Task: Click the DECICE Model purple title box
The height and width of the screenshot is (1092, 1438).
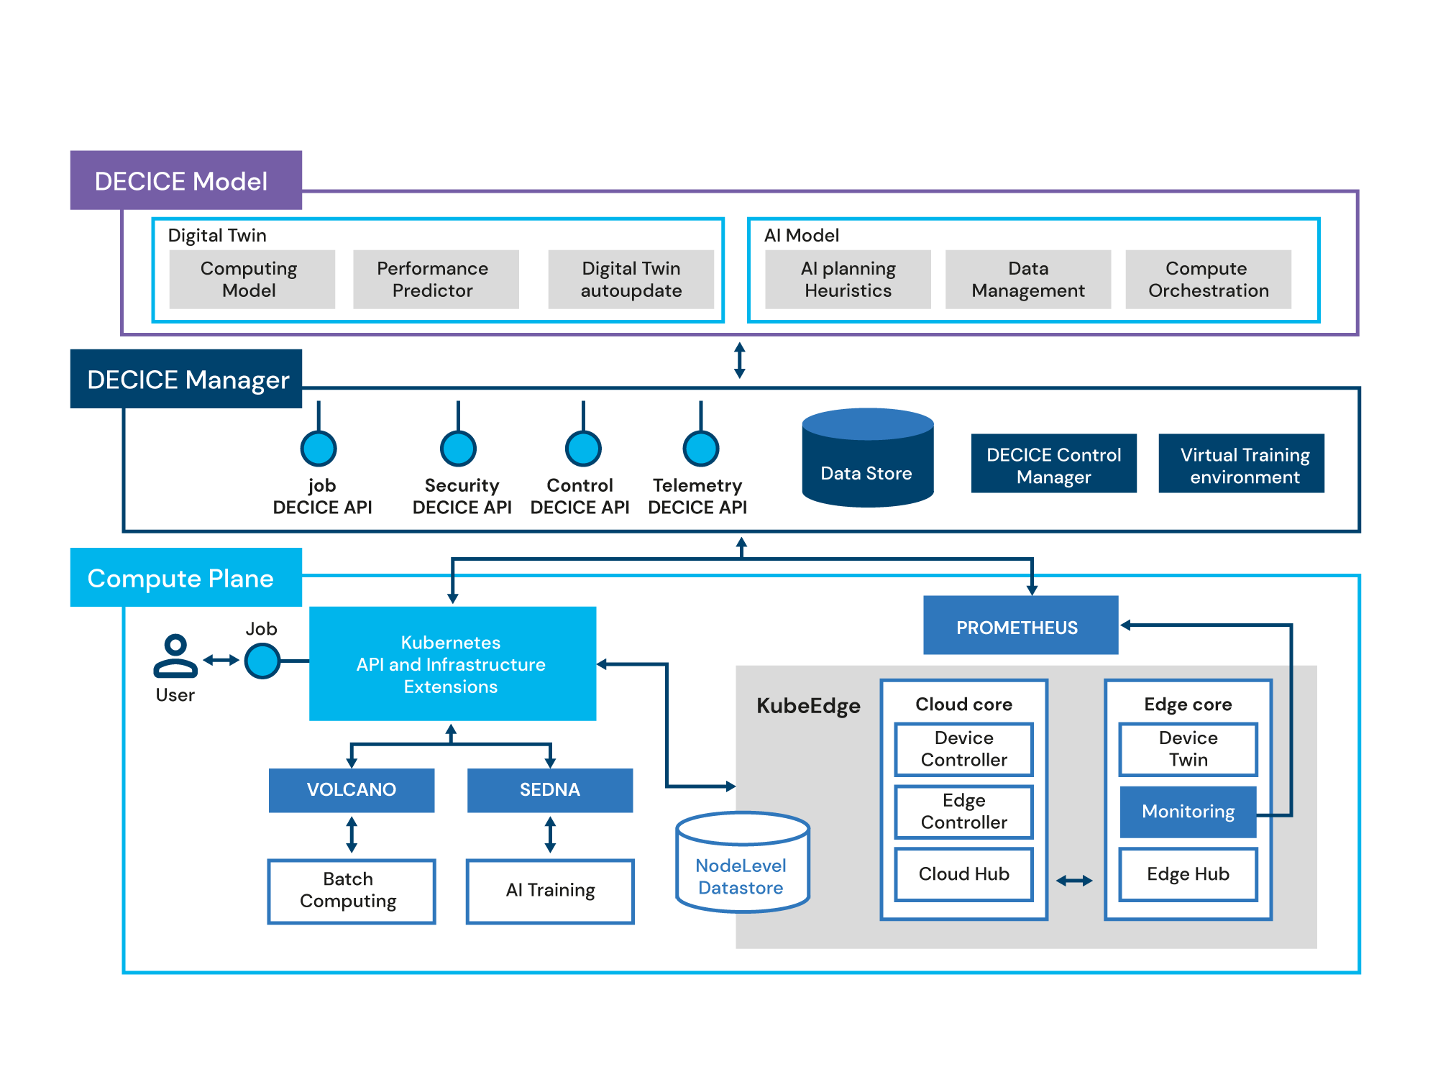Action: point(186,180)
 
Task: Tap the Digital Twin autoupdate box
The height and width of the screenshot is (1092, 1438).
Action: point(631,279)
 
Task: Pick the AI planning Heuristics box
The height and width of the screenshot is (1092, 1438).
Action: point(848,279)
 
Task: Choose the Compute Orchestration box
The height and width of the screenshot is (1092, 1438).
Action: point(1208,279)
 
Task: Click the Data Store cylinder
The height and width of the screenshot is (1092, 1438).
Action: point(867,460)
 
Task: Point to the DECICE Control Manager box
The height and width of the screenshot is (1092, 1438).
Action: point(1053,464)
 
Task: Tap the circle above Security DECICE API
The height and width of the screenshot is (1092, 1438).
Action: point(458,449)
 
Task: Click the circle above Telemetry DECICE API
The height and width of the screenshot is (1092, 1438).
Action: point(700,449)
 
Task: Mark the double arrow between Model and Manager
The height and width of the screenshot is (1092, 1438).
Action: point(739,360)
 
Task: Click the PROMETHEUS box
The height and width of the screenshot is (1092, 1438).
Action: point(1020,625)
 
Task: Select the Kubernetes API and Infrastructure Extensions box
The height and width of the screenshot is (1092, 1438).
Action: point(452,663)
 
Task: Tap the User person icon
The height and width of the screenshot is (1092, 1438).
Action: point(175,656)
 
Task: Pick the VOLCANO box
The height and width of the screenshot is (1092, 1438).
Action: point(352,790)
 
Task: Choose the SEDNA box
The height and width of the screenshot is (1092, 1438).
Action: point(550,790)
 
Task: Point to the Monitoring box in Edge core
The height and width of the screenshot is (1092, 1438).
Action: point(1188,812)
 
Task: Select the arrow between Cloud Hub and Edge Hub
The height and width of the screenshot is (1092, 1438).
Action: point(1074,881)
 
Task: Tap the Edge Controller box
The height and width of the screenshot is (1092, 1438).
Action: point(963,812)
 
